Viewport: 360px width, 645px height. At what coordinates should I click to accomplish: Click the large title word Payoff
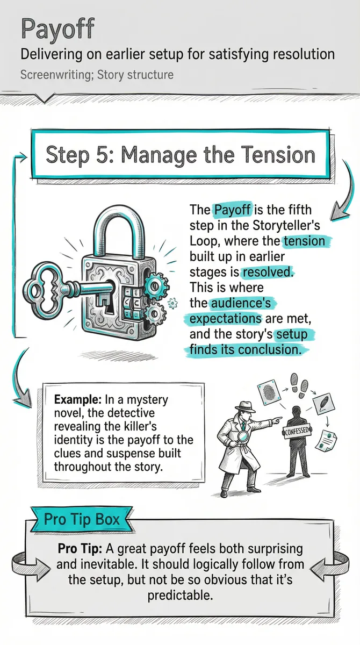pos(58,30)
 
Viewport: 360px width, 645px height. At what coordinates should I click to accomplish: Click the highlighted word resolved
pos(267,272)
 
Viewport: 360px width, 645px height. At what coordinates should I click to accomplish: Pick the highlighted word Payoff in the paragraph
pos(232,210)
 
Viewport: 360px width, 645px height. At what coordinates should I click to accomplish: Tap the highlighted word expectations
pos(226,318)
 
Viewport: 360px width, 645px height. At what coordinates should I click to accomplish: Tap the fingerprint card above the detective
pos(270,392)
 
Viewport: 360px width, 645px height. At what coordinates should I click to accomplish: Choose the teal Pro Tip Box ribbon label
pos(82,519)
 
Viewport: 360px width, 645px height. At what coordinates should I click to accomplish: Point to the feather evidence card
pos(323,404)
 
